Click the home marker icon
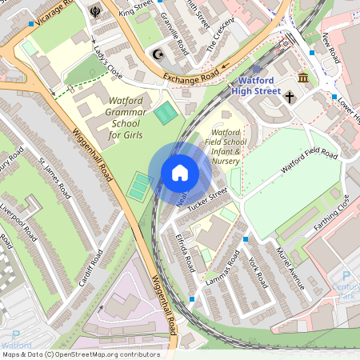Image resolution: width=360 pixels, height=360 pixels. pos(180,173)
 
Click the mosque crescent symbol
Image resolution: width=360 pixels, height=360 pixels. pos(157,54)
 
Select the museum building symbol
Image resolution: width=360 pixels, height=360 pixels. pos(304,78)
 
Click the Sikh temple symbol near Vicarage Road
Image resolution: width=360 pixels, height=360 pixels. pos(95,12)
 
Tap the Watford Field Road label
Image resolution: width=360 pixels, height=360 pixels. pos(309,163)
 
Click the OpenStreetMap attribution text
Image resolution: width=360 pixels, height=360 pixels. pos(80,354)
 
